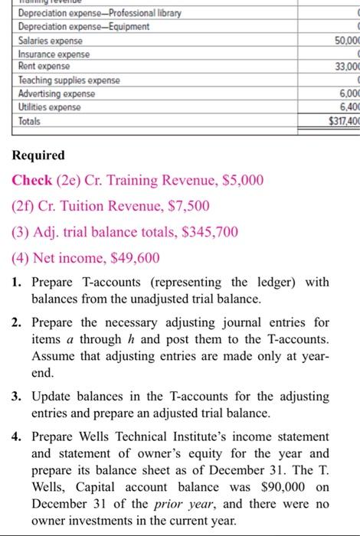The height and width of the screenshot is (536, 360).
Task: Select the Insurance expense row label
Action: click(54, 55)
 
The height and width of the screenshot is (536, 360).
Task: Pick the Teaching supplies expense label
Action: click(67, 80)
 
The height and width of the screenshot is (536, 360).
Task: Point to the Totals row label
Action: click(31, 122)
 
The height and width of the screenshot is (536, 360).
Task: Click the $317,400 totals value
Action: click(339, 122)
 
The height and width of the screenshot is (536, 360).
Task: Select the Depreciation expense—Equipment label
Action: click(83, 27)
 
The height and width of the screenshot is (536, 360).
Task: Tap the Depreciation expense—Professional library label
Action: click(95, 14)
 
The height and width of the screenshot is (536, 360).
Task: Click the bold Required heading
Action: click(38, 155)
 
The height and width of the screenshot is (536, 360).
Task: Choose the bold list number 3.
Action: click(17, 397)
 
